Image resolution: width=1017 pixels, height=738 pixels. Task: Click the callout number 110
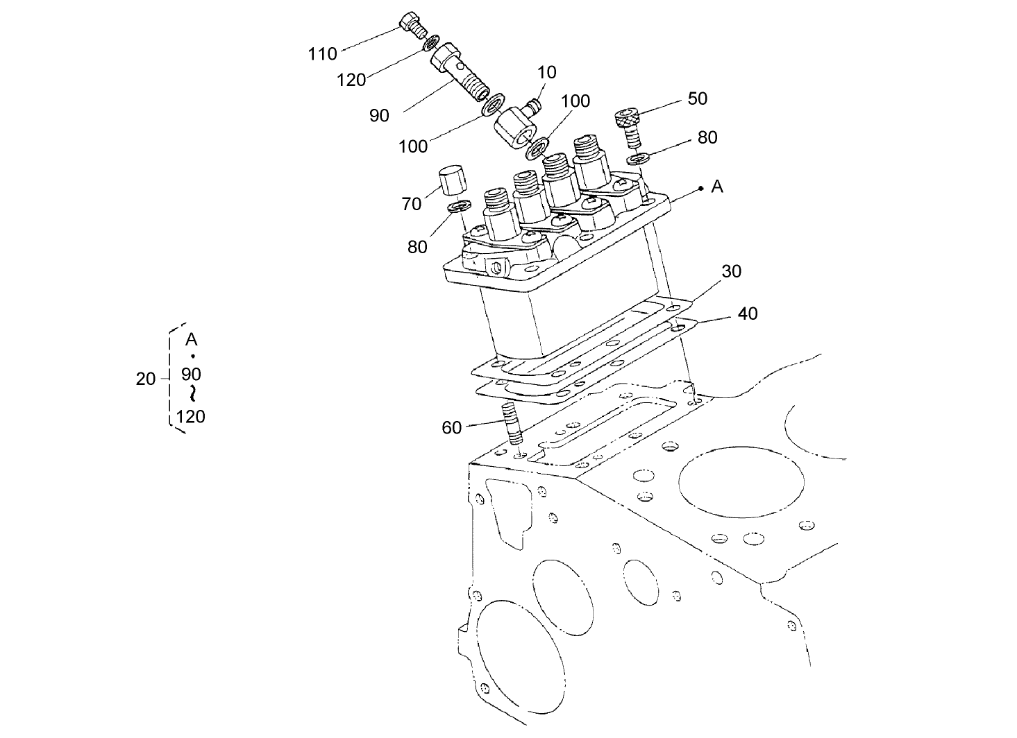coord(323,53)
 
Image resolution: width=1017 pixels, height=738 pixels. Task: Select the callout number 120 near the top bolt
coord(351,80)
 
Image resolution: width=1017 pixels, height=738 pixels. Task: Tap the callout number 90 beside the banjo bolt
coord(379,115)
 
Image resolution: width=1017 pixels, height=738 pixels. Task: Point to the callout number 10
coord(546,72)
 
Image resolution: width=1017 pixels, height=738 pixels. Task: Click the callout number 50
coord(697,98)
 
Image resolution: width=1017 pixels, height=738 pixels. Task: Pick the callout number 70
coord(412,204)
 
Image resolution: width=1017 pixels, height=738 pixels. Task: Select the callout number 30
coord(731,271)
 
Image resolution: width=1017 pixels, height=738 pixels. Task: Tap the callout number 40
coord(747,314)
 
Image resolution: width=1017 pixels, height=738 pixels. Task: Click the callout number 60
coord(451,428)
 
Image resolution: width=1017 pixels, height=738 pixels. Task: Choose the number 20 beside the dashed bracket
coord(146,379)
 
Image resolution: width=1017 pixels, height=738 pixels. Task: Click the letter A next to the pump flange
coord(717,187)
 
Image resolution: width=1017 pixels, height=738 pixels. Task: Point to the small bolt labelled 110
coord(411,26)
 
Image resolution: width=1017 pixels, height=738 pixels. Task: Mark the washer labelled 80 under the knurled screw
coord(637,160)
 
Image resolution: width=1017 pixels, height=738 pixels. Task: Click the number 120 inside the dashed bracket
coord(191,416)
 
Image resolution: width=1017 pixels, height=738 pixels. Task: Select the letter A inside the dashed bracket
coord(192,339)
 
